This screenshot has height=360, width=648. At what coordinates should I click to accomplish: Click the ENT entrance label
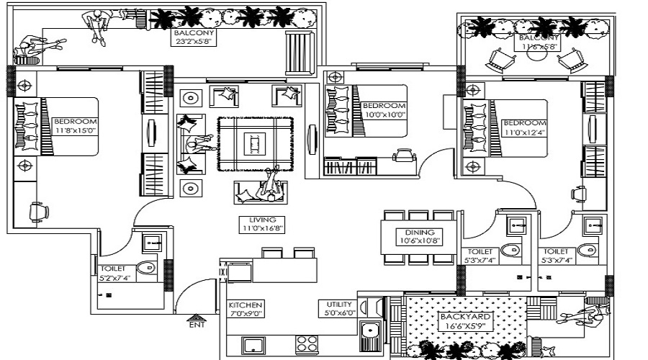click(x=196, y=325)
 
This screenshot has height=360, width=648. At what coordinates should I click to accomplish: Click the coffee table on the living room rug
click(x=254, y=143)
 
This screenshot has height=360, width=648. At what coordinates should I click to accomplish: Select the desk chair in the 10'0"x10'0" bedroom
click(x=403, y=154)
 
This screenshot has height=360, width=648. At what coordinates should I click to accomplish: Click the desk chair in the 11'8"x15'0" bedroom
click(x=38, y=211)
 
